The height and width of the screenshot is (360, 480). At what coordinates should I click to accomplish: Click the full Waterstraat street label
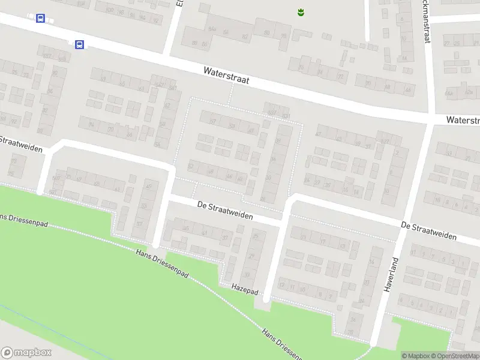(226, 74)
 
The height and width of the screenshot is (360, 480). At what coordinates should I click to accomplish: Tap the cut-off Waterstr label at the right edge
(463, 121)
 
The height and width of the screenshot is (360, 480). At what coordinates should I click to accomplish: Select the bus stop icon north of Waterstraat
(40, 19)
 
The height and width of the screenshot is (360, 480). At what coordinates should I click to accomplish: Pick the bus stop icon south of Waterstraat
(79, 44)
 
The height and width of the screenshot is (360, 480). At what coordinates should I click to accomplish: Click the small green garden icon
(301, 11)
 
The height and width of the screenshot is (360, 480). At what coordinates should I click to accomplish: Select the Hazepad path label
(244, 289)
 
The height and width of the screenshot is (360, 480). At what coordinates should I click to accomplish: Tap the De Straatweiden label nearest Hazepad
(225, 210)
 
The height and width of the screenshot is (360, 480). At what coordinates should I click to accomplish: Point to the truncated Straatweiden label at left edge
(21, 145)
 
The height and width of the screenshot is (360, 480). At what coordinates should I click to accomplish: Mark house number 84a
(211, 29)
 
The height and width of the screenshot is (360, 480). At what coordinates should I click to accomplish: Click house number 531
(286, 116)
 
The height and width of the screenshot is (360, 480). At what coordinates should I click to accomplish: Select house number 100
(109, 10)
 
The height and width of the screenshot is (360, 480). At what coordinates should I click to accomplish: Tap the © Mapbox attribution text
(416, 356)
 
